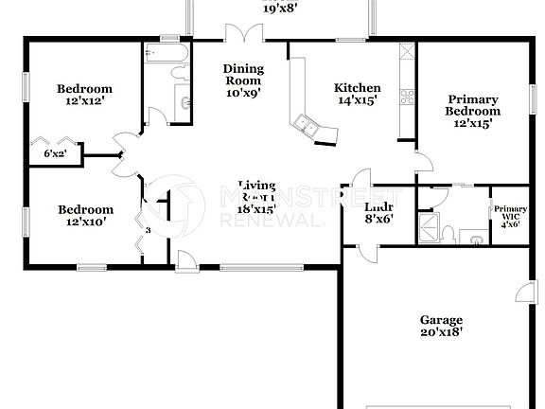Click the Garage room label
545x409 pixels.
[x=442, y=321]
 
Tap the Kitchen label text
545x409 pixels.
[x=358, y=89]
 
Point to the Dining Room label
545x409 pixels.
[x=243, y=75]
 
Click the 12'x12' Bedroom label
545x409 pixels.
[x=85, y=89]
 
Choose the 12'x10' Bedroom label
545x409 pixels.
[x=85, y=210]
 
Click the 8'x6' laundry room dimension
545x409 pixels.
[x=379, y=219]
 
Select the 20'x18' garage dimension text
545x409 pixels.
[x=442, y=333]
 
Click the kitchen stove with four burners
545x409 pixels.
[x=408, y=95]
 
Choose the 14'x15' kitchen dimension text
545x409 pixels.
[x=358, y=101]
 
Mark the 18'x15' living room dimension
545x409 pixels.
[x=255, y=208]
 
